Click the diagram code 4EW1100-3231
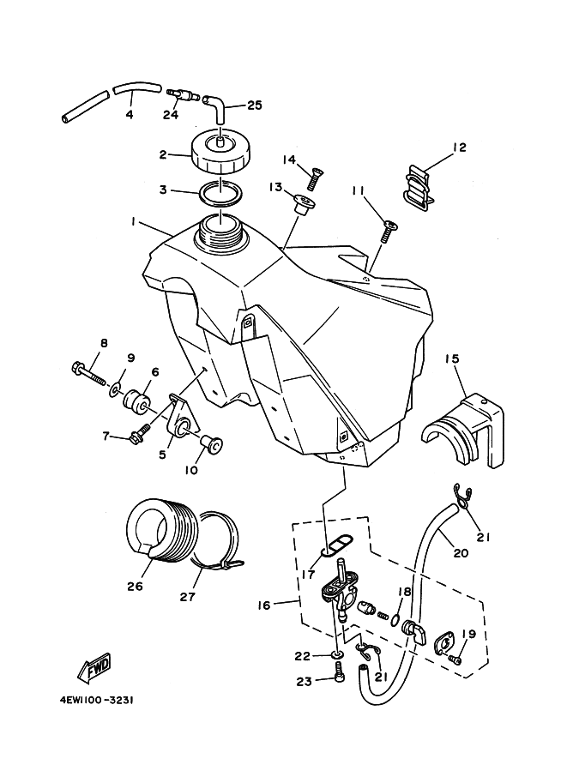click(x=96, y=700)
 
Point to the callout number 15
click(x=451, y=358)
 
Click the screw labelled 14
click(x=313, y=178)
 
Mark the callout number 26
click(x=136, y=586)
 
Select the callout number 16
click(x=263, y=605)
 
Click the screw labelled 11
click(x=389, y=232)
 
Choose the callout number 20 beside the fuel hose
click(x=461, y=553)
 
